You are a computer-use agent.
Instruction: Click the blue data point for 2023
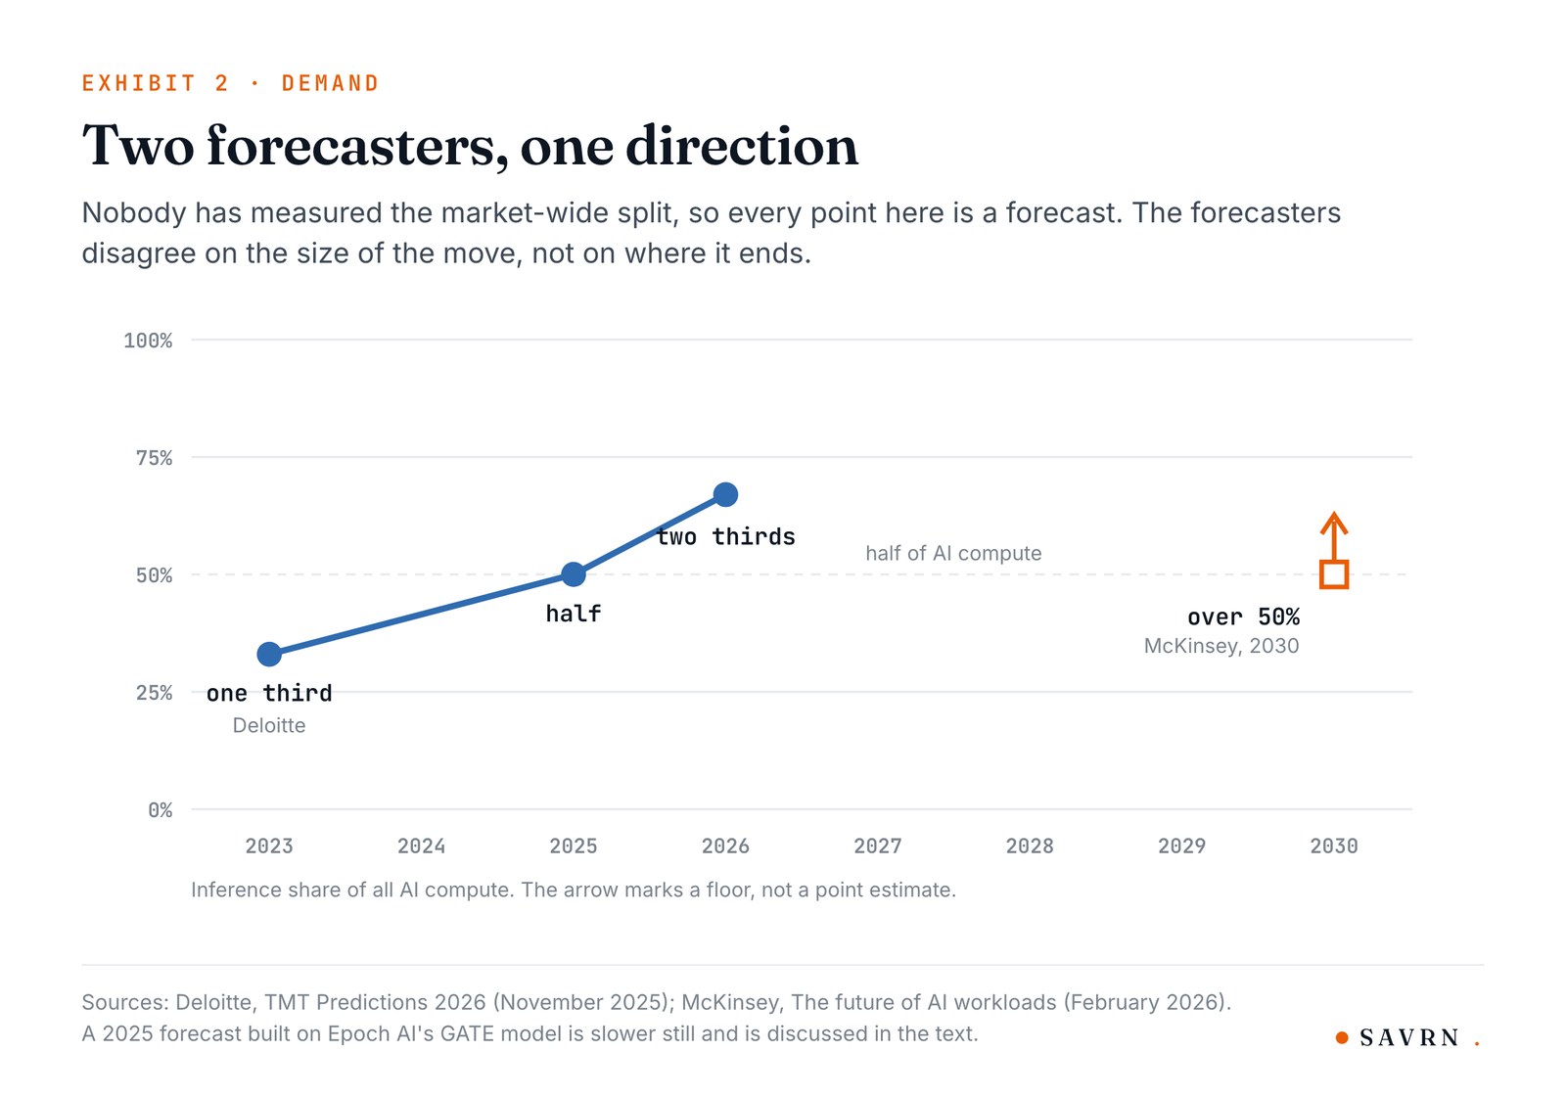point(269,654)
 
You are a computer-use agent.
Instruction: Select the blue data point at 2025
point(574,574)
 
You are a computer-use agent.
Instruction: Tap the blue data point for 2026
point(725,494)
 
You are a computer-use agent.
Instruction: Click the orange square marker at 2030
point(1334,574)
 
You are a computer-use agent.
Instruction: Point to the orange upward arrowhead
point(1334,521)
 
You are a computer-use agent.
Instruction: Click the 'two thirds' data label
point(725,536)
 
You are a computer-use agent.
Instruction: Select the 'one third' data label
point(269,693)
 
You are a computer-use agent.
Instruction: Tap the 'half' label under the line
point(574,614)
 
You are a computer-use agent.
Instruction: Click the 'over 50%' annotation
point(1243,617)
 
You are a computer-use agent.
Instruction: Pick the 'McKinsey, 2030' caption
point(1221,645)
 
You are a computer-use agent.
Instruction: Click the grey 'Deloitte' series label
point(269,725)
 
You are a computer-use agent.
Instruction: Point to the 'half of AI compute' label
point(953,553)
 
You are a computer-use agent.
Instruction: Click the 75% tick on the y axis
point(154,458)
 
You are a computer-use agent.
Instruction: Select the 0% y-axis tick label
point(161,809)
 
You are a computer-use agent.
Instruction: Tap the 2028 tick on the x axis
point(1030,846)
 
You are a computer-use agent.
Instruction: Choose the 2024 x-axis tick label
point(421,846)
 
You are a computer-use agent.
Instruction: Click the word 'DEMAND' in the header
point(330,83)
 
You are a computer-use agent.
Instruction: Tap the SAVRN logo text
point(1409,1037)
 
